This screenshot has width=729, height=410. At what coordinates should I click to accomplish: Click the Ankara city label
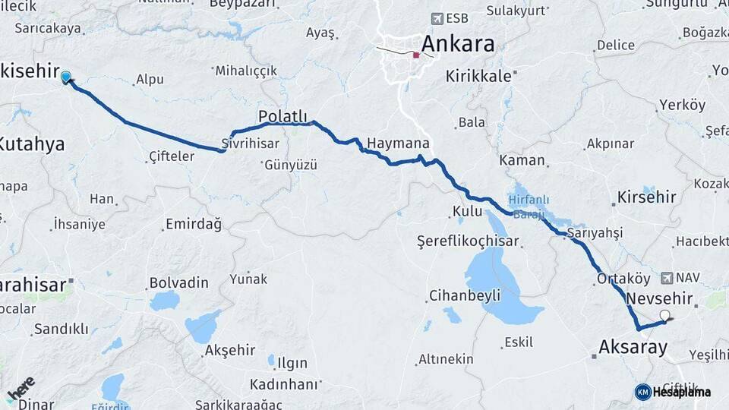pos(457,43)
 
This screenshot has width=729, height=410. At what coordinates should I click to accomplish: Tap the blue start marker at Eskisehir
pos(66,77)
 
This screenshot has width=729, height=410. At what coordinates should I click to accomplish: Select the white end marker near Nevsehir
pos(665,316)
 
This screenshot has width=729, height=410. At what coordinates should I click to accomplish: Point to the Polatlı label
pos(282,116)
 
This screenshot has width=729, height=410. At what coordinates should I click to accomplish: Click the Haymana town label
pos(398,143)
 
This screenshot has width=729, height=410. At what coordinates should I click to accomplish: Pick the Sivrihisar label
pos(251,143)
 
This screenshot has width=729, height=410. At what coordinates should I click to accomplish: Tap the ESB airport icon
pos(437,18)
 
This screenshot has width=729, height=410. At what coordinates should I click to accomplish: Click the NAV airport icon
pos(667,278)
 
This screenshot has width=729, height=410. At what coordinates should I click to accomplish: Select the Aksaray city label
pos(633,348)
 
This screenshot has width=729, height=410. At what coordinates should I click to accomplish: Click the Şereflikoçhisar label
pos(468,241)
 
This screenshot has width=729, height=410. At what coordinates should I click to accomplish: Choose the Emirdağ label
pos(193,225)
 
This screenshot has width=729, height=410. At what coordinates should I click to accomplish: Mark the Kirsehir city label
pos(647,197)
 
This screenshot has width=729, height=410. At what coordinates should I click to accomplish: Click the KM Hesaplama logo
pos(672,392)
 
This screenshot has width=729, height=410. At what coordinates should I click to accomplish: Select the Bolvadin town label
pos(178,282)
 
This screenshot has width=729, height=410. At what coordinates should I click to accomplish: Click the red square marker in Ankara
pos(416,55)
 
